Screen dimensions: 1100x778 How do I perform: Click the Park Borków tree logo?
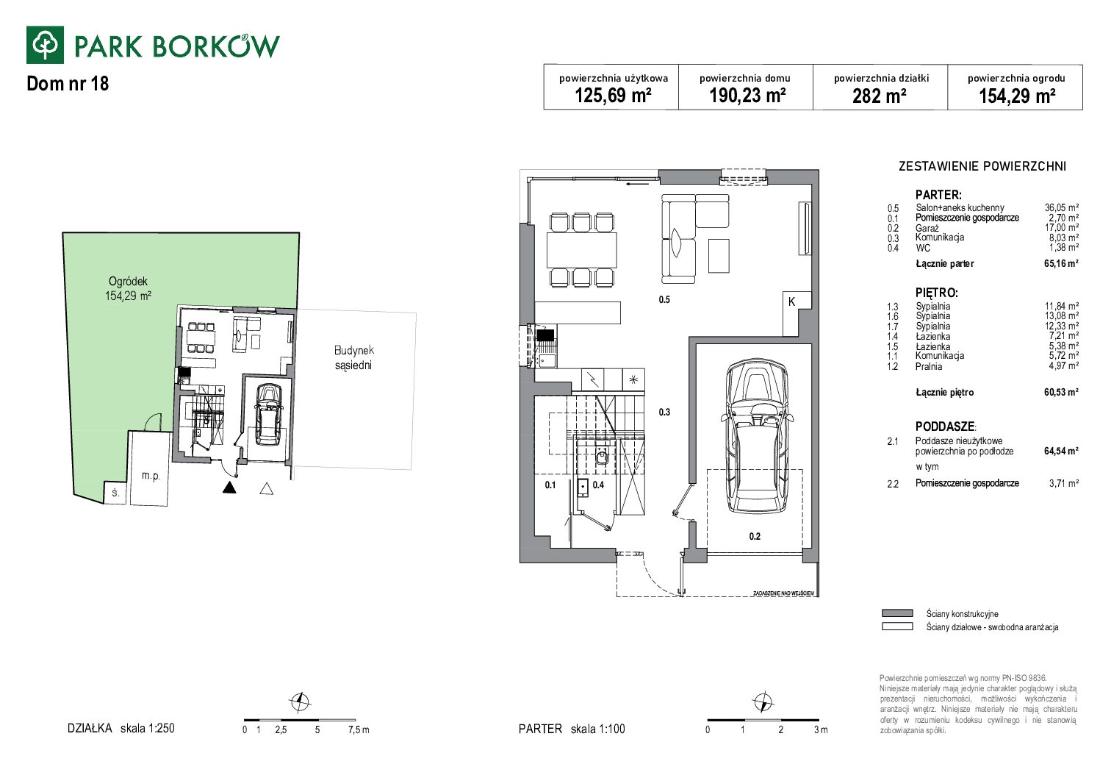[x=45, y=45]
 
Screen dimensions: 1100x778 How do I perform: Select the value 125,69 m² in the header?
[x=613, y=96]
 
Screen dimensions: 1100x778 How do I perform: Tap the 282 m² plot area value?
[x=879, y=96]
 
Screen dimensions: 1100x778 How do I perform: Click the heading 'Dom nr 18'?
[x=68, y=84]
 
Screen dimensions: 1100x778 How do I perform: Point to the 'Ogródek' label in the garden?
[x=128, y=282]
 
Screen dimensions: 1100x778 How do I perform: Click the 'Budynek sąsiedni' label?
[x=353, y=358]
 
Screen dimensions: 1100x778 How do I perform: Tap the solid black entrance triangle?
[x=229, y=488]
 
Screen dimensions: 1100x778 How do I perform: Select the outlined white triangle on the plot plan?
[x=266, y=488]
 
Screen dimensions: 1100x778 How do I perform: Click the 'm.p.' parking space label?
[x=151, y=476]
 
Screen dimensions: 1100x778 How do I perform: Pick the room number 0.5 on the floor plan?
[x=664, y=300]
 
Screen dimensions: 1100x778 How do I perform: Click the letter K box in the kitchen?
[x=791, y=301]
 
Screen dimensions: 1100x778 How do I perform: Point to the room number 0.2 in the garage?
[x=755, y=536]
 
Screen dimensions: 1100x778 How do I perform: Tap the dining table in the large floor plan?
[x=582, y=250]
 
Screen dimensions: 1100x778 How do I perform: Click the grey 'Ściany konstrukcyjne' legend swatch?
[x=897, y=613]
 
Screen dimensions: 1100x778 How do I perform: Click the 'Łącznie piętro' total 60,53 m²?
[x=1061, y=392]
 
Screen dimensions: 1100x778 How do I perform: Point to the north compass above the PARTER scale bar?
[x=763, y=702]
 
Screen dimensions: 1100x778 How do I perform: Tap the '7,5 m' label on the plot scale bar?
[x=359, y=730]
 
